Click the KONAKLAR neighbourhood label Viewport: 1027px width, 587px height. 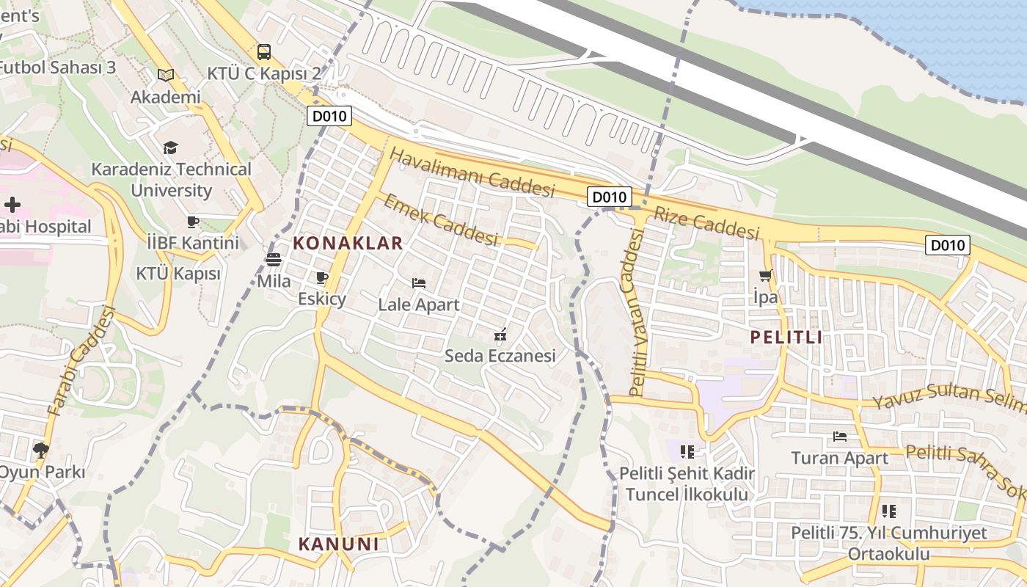click(348, 244)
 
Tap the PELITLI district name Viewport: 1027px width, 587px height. click(786, 338)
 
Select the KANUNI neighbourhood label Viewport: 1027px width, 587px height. click(338, 544)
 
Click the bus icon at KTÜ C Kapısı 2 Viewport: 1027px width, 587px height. click(264, 52)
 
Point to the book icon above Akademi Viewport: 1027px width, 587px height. click(166, 75)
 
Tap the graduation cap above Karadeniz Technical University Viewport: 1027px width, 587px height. click(170, 147)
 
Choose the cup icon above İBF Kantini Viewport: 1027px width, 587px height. click(193, 221)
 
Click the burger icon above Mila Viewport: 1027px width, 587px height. click(274, 259)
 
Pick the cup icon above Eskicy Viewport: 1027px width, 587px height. click(321, 277)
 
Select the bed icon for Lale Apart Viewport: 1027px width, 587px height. click(419, 283)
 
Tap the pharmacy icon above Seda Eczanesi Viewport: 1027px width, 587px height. click(500, 335)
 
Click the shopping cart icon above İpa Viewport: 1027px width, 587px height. click(766, 276)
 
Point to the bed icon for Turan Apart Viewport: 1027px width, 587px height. click(840, 437)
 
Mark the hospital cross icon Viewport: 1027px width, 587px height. click(12, 204)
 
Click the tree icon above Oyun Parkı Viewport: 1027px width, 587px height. click(41, 450)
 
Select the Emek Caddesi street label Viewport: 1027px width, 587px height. click(440, 219)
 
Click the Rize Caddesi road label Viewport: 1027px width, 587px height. click(706, 223)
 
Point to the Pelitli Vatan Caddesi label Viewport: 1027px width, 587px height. click(635, 312)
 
